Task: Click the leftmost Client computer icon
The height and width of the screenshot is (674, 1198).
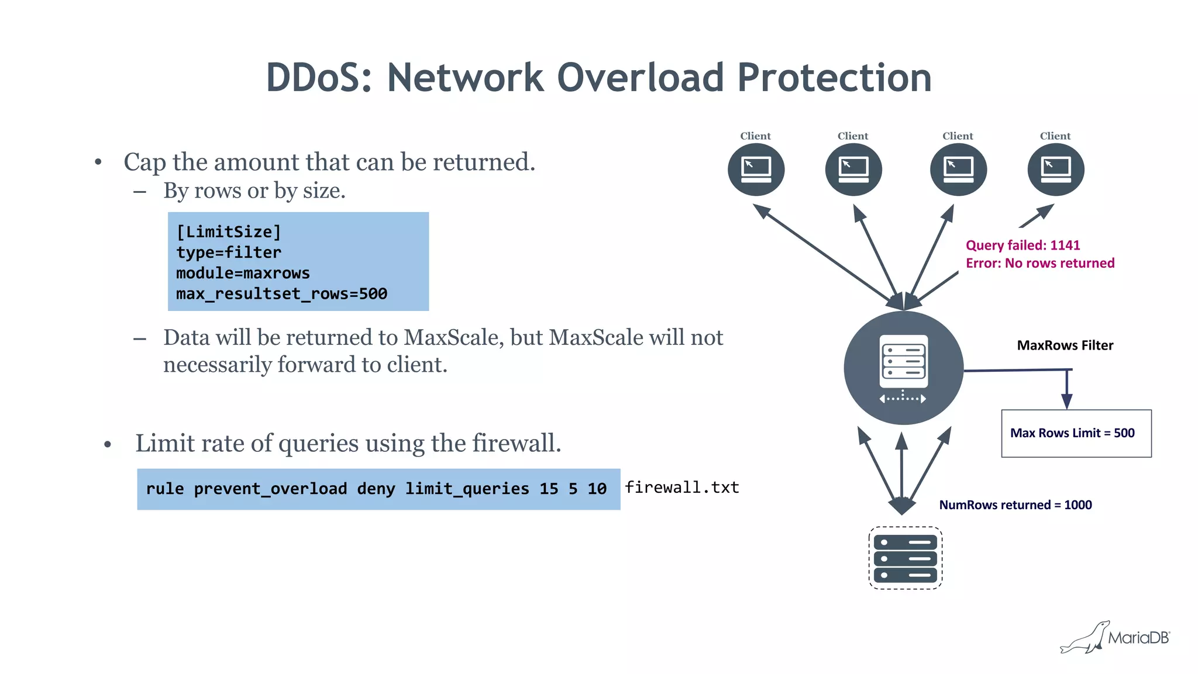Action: tap(756, 170)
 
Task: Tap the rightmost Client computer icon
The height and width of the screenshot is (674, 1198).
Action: tap(1055, 170)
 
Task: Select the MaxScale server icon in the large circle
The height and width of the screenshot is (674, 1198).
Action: tap(903, 368)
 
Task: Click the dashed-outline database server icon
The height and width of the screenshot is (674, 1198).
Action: tap(905, 558)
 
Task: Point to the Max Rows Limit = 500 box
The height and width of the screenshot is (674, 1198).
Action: tap(1076, 433)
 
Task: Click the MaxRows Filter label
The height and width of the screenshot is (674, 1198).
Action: tap(1065, 345)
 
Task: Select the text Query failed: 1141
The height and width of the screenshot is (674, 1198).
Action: tap(1023, 246)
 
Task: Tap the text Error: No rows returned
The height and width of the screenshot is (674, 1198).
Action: tap(1039, 264)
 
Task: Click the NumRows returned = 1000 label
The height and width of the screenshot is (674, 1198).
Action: tap(1015, 505)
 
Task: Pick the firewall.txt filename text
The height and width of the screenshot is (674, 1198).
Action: tap(681, 488)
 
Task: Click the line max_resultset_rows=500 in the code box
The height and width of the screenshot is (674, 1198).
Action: tap(281, 294)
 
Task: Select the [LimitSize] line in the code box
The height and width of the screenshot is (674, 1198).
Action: tap(229, 232)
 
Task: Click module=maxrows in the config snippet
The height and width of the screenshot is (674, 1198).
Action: tap(243, 274)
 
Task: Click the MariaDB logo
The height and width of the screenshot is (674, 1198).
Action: tap(1114, 637)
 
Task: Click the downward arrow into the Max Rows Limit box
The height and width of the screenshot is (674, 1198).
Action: tap(1066, 392)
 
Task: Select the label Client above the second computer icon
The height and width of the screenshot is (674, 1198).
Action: tap(852, 136)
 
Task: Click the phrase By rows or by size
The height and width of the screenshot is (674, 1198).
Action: tap(254, 191)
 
